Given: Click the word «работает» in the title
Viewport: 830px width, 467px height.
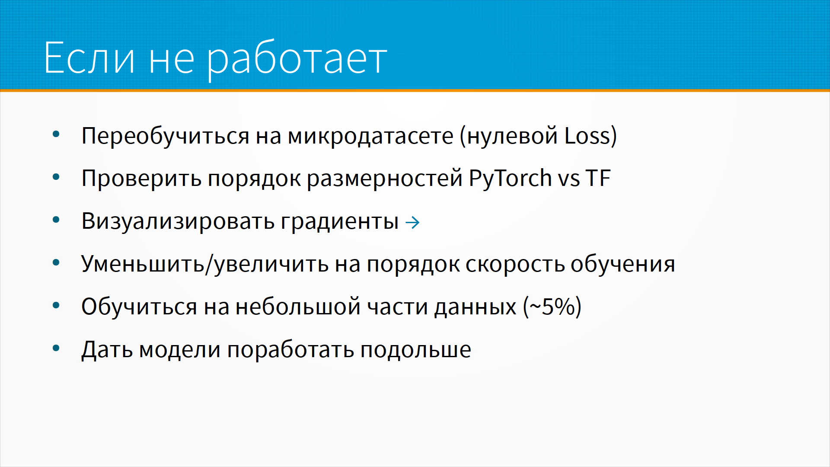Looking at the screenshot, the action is click(x=297, y=60).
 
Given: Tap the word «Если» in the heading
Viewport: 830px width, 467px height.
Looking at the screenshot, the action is click(x=89, y=58).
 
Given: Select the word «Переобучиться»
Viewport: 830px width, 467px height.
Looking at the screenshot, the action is click(x=166, y=136).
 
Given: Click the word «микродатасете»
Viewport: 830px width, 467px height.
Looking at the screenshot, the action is click(x=370, y=136).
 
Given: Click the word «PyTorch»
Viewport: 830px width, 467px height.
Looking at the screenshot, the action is click(x=510, y=179).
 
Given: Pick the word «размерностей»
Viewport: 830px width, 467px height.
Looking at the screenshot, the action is click(x=385, y=179).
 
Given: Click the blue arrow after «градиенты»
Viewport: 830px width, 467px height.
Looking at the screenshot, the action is click(x=412, y=222).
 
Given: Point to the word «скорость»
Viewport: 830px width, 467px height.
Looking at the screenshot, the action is click(x=515, y=264).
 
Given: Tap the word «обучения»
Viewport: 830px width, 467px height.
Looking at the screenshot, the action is click(x=622, y=264).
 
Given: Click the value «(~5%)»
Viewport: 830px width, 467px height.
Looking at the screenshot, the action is click(x=552, y=307).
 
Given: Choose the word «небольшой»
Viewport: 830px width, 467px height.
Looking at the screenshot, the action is click(x=298, y=307).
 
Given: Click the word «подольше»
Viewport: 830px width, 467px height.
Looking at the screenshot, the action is click(x=415, y=349).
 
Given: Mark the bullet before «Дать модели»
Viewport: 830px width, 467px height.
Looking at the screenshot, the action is click(x=56, y=349).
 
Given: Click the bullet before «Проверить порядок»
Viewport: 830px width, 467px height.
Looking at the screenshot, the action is click(x=56, y=177).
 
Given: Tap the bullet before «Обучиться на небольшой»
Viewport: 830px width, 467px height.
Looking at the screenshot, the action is click(x=56, y=306).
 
